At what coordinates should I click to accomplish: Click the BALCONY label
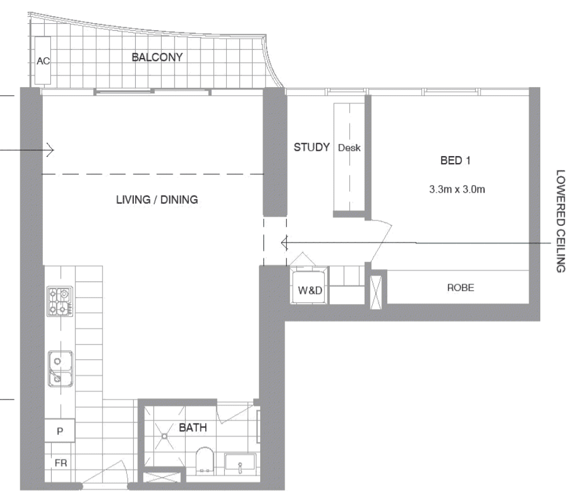coord(157,57)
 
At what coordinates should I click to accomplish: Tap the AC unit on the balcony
coord(43,60)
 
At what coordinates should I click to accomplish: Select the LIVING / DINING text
coord(157,200)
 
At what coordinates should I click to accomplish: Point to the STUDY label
coord(311,147)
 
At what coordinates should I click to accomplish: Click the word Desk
coord(349,147)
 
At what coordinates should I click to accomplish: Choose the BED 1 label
coord(455,160)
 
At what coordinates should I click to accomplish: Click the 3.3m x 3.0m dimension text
coord(457,189)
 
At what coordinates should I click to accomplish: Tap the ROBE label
coord(461,287)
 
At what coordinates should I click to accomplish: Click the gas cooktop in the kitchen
coord(60,302)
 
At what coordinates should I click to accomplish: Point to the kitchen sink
coord(60,368)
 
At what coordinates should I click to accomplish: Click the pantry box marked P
coord(60,431)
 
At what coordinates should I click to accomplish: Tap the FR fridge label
coord(61,463)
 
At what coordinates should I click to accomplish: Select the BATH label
coord(193,428)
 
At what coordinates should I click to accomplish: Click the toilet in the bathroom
coord(205,459)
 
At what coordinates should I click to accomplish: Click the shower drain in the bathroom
coord(165,436)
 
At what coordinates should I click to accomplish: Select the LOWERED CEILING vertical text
coord(561,221)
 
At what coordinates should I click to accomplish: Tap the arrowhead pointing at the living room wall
coord(51,150)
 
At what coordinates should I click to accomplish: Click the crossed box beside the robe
coord(376,292)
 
